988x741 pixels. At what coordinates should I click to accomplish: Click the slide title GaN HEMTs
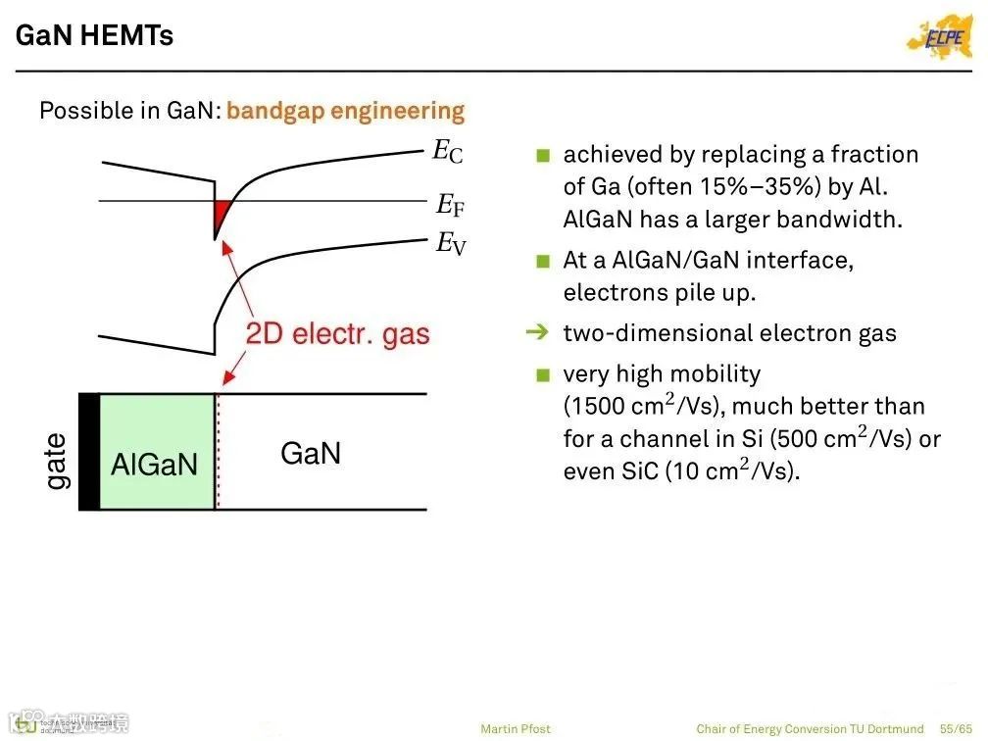[x=95, y=35]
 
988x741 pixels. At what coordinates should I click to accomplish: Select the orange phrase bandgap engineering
[x=345, y=111]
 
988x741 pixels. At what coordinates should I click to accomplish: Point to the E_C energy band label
[x=448, y=151]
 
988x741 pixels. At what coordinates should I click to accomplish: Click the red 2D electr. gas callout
[x=337, y=334]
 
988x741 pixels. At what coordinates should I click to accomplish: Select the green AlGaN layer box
[x=156, y=452]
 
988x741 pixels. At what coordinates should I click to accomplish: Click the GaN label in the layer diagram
[x=311, y=454]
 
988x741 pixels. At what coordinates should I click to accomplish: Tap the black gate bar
[x=88, y=452]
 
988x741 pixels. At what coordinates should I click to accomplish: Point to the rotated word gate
[x=57, y=462]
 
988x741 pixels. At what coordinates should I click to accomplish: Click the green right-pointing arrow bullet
[x=537, y=333]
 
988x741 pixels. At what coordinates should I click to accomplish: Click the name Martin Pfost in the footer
[x=516, y=728]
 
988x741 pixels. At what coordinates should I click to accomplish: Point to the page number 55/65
[x=957, y=728]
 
